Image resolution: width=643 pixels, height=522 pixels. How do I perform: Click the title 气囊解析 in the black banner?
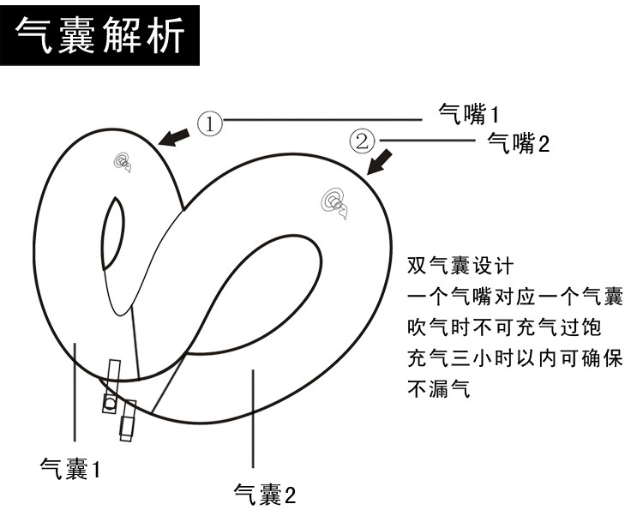[101, 37]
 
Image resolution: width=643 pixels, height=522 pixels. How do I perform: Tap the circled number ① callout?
[210, 123]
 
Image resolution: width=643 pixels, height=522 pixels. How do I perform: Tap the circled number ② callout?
[362, 140]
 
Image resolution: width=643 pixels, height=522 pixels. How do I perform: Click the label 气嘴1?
[468, 112]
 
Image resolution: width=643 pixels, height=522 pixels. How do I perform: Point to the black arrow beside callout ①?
[175, 136]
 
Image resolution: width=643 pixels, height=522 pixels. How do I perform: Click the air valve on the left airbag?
[123, 161]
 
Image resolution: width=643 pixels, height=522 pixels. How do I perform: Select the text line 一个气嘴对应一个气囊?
[514, 297]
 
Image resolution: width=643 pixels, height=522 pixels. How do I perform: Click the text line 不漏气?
[438, 390]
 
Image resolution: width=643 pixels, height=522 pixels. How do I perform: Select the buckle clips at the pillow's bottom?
[118, 399]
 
